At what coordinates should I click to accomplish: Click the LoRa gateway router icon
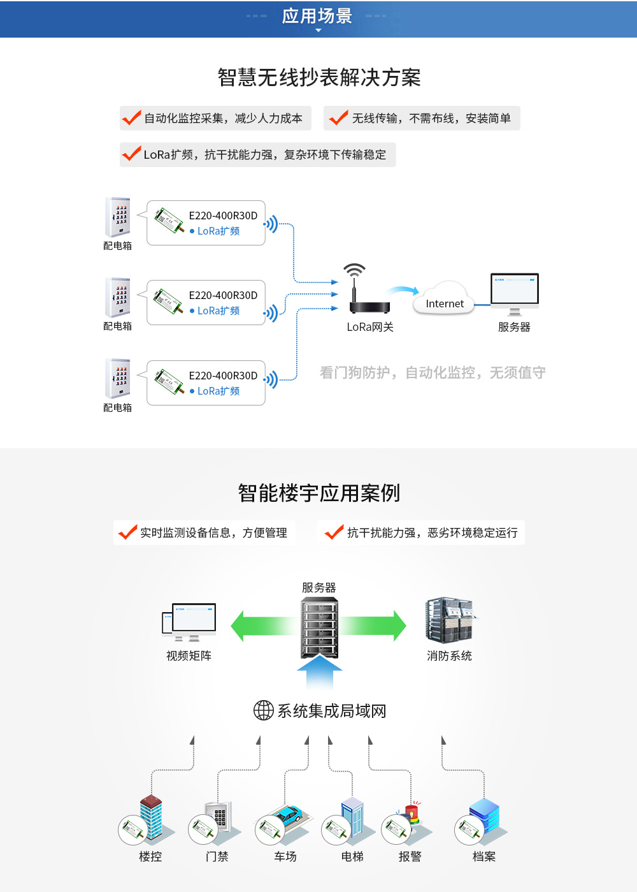pyautogui.click(x=369, y=300)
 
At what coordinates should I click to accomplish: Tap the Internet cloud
pyautogui.click(x=445, y=300)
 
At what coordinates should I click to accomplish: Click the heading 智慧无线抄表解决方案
pyautogui.click(x=318, y=77)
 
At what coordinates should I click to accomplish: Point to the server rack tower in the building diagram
pyautogui.click(x=319, y=628)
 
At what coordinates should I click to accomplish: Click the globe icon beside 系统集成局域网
pyautogui.click(x=263, y=710)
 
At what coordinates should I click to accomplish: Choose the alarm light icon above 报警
pyautogui.click(x=412, y=814)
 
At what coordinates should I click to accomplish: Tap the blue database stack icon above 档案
pyautogui.click(x=484, y=815)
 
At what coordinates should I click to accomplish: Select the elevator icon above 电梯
pyautogui.click(x=352, y=816)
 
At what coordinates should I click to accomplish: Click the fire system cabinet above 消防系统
pyautogui.click(x=450, y=619)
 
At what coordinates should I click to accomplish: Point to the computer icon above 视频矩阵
pyautogui.click(x=189, y=621)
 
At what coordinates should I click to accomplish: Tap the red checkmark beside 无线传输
pyautogui.click(x=338, y=118)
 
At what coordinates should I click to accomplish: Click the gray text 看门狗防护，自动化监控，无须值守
pyautogui.click(x=433, y=372)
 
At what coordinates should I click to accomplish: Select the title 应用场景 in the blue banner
pyautogui.click(x=317, y=16)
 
